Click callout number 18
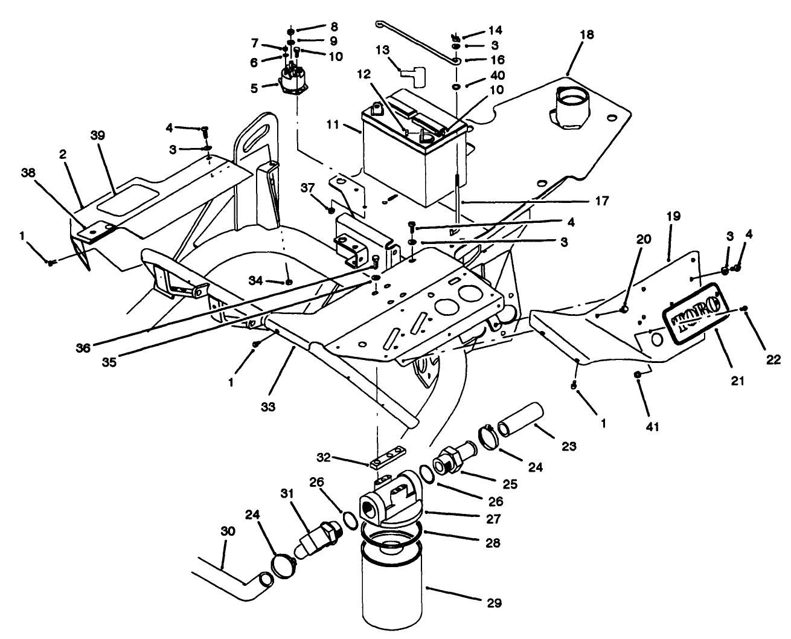click(x=586, y=34)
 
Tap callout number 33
click(x=268, y=407)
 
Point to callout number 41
click(x=653, y=427)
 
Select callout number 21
click(x=737, y=381)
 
